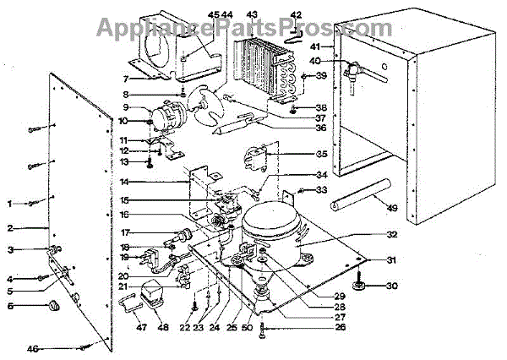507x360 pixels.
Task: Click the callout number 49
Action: coord(390,210)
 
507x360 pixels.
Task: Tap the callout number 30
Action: coord(390,286)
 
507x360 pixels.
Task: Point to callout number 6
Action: coord(10,305)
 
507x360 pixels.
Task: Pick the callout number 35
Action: coord(321,155)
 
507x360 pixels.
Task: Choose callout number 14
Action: coord(124,183)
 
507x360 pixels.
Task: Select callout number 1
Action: coord(10,204)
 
